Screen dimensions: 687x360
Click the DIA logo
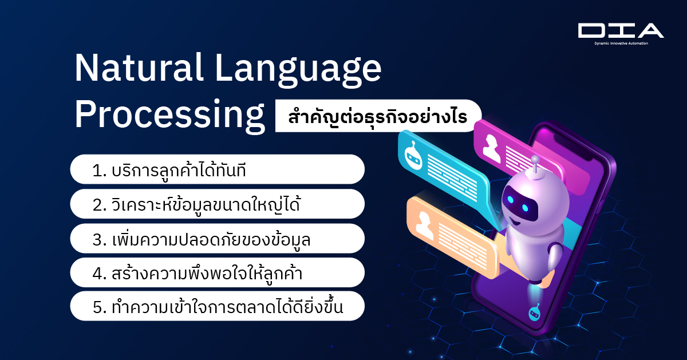click(x=621, y=30)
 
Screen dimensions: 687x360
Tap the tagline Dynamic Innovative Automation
click(x=621, y=43)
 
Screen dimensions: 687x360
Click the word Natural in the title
click(x=139, y=68)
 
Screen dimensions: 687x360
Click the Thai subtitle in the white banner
click(x=378, y=116)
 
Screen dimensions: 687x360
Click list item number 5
click(x=217, y=306)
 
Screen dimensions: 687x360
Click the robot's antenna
click(x=535, y=166)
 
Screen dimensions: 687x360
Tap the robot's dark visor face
click(x=519, y=204)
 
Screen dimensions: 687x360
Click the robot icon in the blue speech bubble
click(x=413, y=156)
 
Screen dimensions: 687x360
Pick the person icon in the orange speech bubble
click(x=424, y=226)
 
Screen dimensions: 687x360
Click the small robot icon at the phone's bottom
click(x=534, y=312)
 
